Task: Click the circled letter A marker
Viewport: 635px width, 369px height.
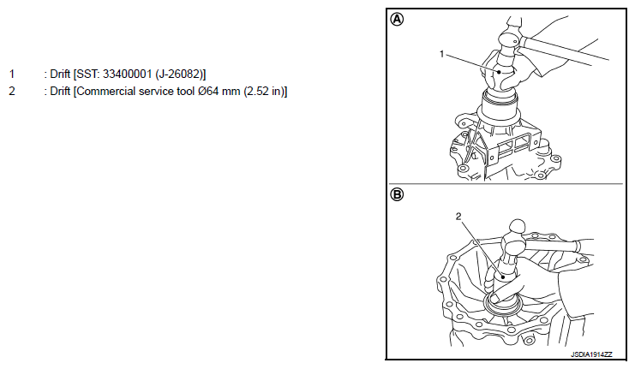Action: pyautogui.click(x=397, y=20)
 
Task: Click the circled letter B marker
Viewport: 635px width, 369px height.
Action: pyautogui.click(x=397, y=194)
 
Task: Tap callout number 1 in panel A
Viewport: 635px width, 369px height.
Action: pyautogui.click(x=441, y=54)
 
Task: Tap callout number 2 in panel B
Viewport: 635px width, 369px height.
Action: pyautogui.click(x=458, y=217)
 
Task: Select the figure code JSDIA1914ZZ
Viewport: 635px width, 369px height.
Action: pyautogui.click(x=591, y=354)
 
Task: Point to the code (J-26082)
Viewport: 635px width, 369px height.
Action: pyautogui.click(x=180, y=74)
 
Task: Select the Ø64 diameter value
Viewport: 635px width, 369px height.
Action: pyautogui.click(x=208, y=91)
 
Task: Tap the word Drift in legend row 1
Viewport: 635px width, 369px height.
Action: pyautogui.click(x=60, y=74)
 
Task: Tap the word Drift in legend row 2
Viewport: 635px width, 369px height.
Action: pyautogui.click(x=60, y=91)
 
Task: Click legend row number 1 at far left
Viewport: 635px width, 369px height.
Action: pyautogui.click(x=12, y=74)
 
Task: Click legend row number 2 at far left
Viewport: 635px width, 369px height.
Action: pyautogui.click(x=12, y=91)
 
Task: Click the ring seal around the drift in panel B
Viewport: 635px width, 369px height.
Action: pyautogui.click(x=503, y=311)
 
